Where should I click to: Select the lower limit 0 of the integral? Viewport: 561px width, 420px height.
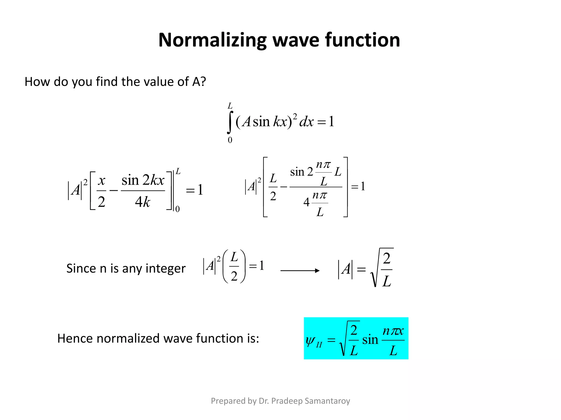click(230, 140)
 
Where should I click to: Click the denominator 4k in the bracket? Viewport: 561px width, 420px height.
click(143, 202)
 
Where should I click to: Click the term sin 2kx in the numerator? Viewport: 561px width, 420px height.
click(143, 180)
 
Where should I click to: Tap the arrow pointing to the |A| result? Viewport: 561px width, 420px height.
click(300, 270)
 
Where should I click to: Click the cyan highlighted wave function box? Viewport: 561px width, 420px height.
click(356, 338)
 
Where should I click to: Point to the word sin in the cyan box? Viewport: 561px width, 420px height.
click(370, 340)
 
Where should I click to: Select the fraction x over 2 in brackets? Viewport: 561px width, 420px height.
click(101, 191)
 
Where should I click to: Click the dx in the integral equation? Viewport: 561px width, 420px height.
click(306, 122)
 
